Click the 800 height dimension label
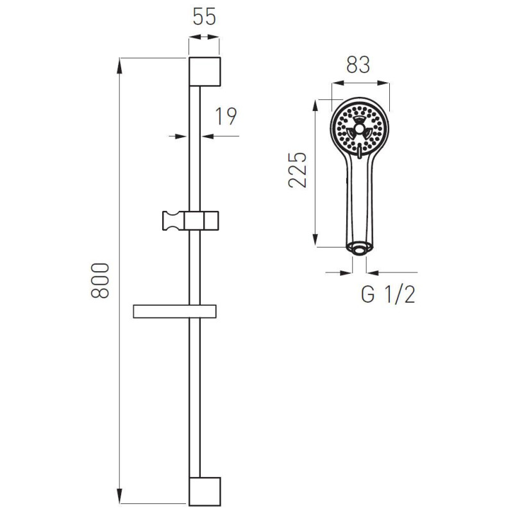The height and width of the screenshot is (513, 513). coord(100,280)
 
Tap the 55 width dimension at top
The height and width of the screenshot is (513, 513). coord(204,17)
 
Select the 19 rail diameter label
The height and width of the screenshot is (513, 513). coord(226,116)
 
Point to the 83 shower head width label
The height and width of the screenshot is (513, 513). coord(358,65)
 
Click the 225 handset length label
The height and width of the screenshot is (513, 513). coord(298,170)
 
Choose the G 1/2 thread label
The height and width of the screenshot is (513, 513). coord(389,294)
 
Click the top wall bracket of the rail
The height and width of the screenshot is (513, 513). coord(205,72)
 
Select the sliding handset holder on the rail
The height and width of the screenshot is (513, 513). coord(190,221)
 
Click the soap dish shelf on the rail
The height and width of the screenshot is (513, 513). coord(174,312)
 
